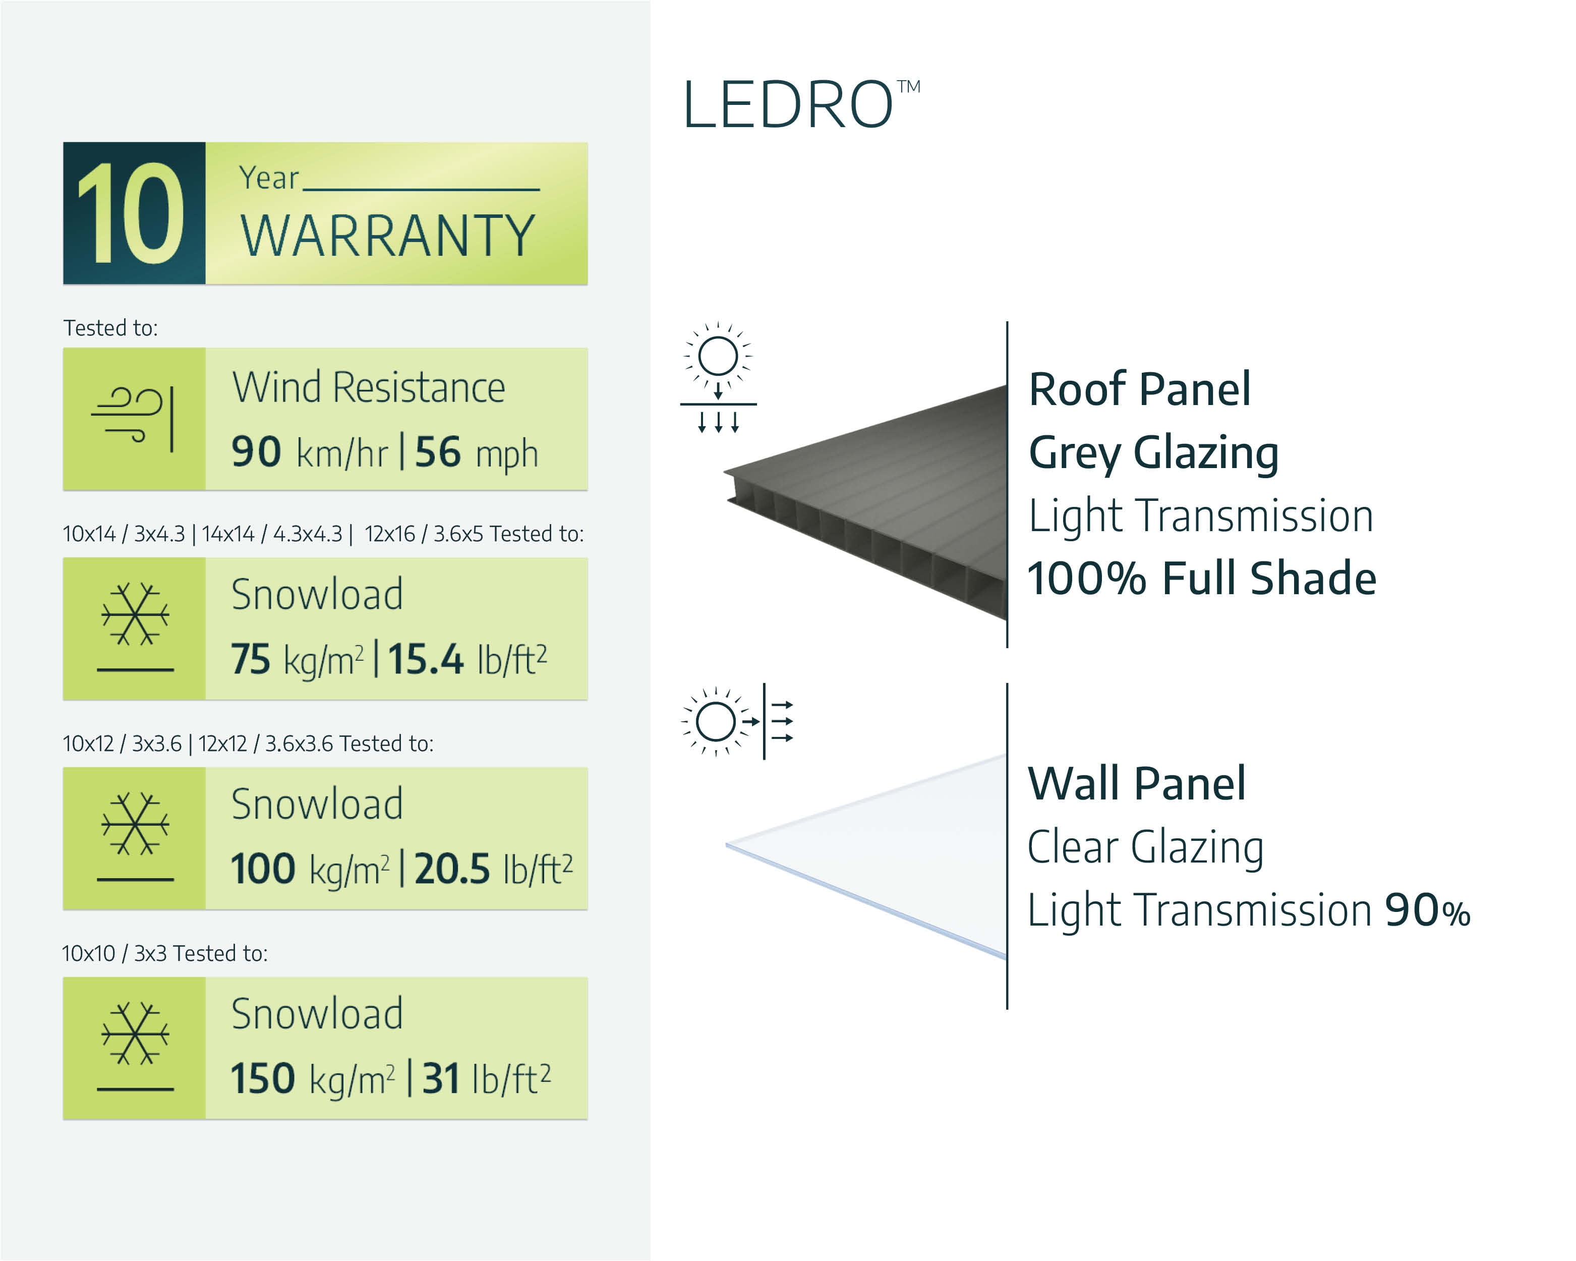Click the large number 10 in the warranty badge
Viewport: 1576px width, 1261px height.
pos(132,213)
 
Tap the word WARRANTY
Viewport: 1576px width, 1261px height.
pos(388,236)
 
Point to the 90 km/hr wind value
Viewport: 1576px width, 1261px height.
pos(309,452)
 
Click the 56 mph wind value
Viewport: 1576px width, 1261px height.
pos(477,452)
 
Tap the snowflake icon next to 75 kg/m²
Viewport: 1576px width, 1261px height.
pos(135,614)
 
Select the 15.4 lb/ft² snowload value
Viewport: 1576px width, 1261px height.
pos(467,659)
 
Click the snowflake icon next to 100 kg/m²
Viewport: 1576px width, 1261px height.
pos(135,824)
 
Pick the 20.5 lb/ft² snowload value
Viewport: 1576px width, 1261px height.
pos(493,869)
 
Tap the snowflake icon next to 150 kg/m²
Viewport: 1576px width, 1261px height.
pos(135,1034)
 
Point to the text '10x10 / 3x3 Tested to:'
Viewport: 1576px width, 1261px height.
pos(165,953)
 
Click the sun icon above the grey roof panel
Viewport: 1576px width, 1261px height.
pos(718,357)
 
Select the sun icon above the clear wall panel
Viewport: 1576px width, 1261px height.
pos(716,721)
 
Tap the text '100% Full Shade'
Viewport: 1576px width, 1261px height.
pos(1202,578)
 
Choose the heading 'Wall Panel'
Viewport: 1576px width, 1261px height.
pos(1137,784)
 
